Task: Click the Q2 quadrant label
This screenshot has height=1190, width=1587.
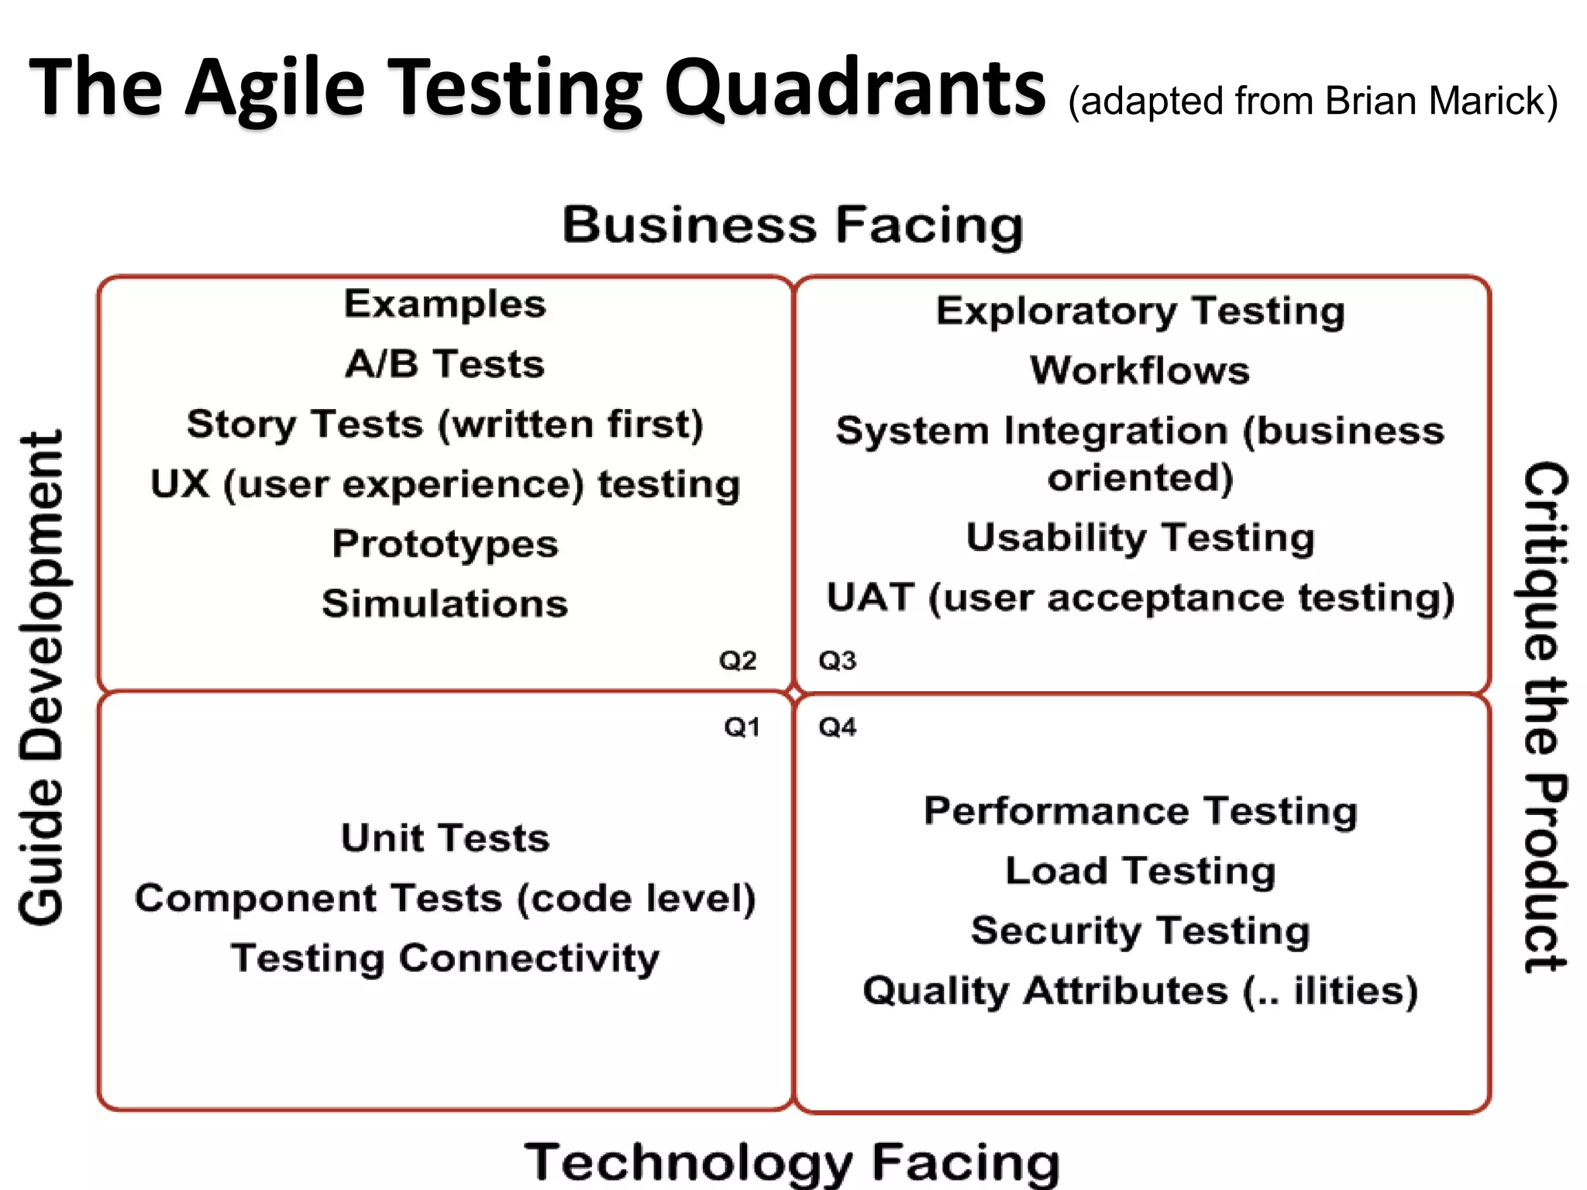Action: click(x=738, y=661)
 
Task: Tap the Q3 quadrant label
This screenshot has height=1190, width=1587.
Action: click(x=838, y=661)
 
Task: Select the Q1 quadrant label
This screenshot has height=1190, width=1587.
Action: click(x=742, y=727)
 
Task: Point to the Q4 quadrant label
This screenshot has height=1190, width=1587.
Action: click(x=838, y=727)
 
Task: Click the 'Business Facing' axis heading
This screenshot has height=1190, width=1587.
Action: click(x=793, y=225)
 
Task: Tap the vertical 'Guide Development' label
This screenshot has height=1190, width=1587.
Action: click(x=42, y=678)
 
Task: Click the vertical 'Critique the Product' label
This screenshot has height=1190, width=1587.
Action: click(x=1545, y=717)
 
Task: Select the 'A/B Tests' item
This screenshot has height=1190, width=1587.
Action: click(x=445, y=364)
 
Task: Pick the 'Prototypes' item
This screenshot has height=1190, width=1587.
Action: click(x=445, y=544)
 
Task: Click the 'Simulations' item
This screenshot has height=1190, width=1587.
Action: click(x=445, y=604)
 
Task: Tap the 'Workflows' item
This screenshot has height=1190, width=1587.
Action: click(x=1140, y=370)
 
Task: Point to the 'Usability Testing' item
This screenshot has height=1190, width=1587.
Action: click(x=1140, y=538)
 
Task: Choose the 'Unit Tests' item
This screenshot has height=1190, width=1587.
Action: click(x=445, y=838)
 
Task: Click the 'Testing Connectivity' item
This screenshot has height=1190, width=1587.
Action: click(x=445, y=958)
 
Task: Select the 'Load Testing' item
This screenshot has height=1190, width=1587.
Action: click(x=1140, y=871)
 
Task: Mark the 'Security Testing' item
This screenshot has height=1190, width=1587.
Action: click(x=1140, y=930)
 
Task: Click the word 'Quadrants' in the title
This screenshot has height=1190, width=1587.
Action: click(x=855, y=88)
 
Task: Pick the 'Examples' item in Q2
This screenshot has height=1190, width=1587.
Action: click(x=445, y=304)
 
